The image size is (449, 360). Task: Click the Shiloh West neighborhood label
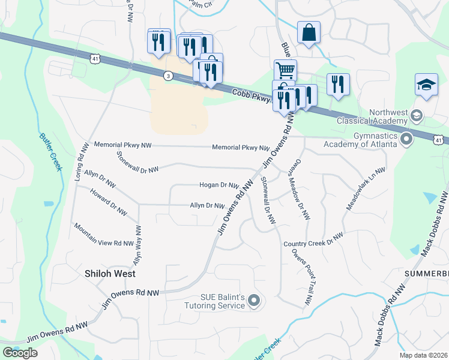tap(109, 273)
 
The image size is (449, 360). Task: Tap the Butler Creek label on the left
tap(50, 151)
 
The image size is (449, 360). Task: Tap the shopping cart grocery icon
tap(285, 70)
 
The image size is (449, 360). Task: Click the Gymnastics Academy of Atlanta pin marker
tap(406, 140)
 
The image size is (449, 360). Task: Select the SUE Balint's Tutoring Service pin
tap(254, 300)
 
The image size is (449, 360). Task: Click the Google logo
tap(20, 352)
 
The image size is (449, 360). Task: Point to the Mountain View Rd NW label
tap(103, 235)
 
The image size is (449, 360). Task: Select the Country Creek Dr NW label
tap(313, 239)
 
